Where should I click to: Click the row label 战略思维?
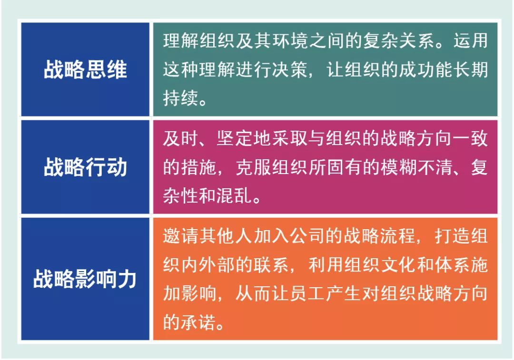[85, 69]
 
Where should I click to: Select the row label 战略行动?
[85, 167]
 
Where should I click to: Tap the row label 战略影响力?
[85, 279]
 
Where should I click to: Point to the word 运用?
[470, 41]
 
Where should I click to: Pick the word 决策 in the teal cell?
[290, 69]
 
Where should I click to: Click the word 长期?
[470, 69]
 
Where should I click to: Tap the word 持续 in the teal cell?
[181, 98]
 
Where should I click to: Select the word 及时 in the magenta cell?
[181, 138]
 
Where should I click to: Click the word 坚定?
[235, 138]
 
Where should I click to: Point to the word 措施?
[198, 167]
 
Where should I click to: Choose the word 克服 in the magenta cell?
[254, 167]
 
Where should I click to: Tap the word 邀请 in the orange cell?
[181, 236]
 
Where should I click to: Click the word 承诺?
[198, 322]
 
